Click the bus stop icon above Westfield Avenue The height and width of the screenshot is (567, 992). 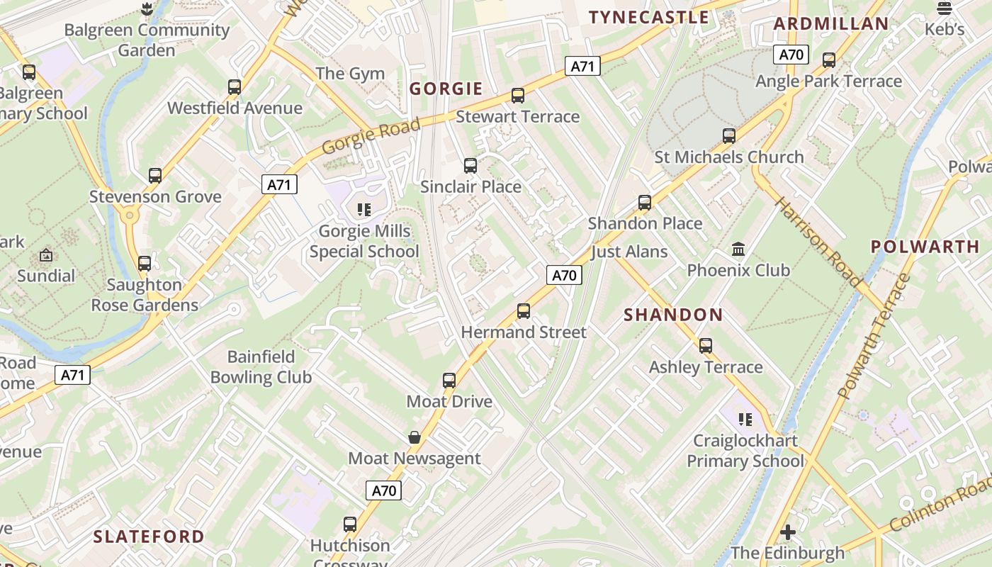point(235,87)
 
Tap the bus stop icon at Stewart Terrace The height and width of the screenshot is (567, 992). point(518,96)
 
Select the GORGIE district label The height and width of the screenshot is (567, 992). point(446,89)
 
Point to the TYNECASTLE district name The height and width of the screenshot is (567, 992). point(648,18)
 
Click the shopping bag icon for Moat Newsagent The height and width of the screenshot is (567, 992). point(415,437)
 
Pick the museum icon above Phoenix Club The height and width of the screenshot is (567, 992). point(738,249)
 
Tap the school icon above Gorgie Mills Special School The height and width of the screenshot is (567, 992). point(364,210)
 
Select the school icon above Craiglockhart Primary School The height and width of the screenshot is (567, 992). point(745,420)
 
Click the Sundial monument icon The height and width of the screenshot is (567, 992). point(46,255)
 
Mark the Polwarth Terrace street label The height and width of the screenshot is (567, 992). point(874,336)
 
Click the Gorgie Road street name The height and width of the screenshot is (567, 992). point(371,136)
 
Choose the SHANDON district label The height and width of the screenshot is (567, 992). point(673,315)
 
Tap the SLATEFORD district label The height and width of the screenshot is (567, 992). point(149,537)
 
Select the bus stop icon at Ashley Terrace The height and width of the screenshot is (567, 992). point(706,346)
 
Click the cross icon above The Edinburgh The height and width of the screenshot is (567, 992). point(787,532)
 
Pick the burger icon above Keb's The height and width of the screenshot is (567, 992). point(945,9)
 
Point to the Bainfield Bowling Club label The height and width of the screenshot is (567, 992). point(261,367)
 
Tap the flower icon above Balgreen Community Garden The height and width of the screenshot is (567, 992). point(147,9)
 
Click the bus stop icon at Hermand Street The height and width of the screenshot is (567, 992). point(524,311)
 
